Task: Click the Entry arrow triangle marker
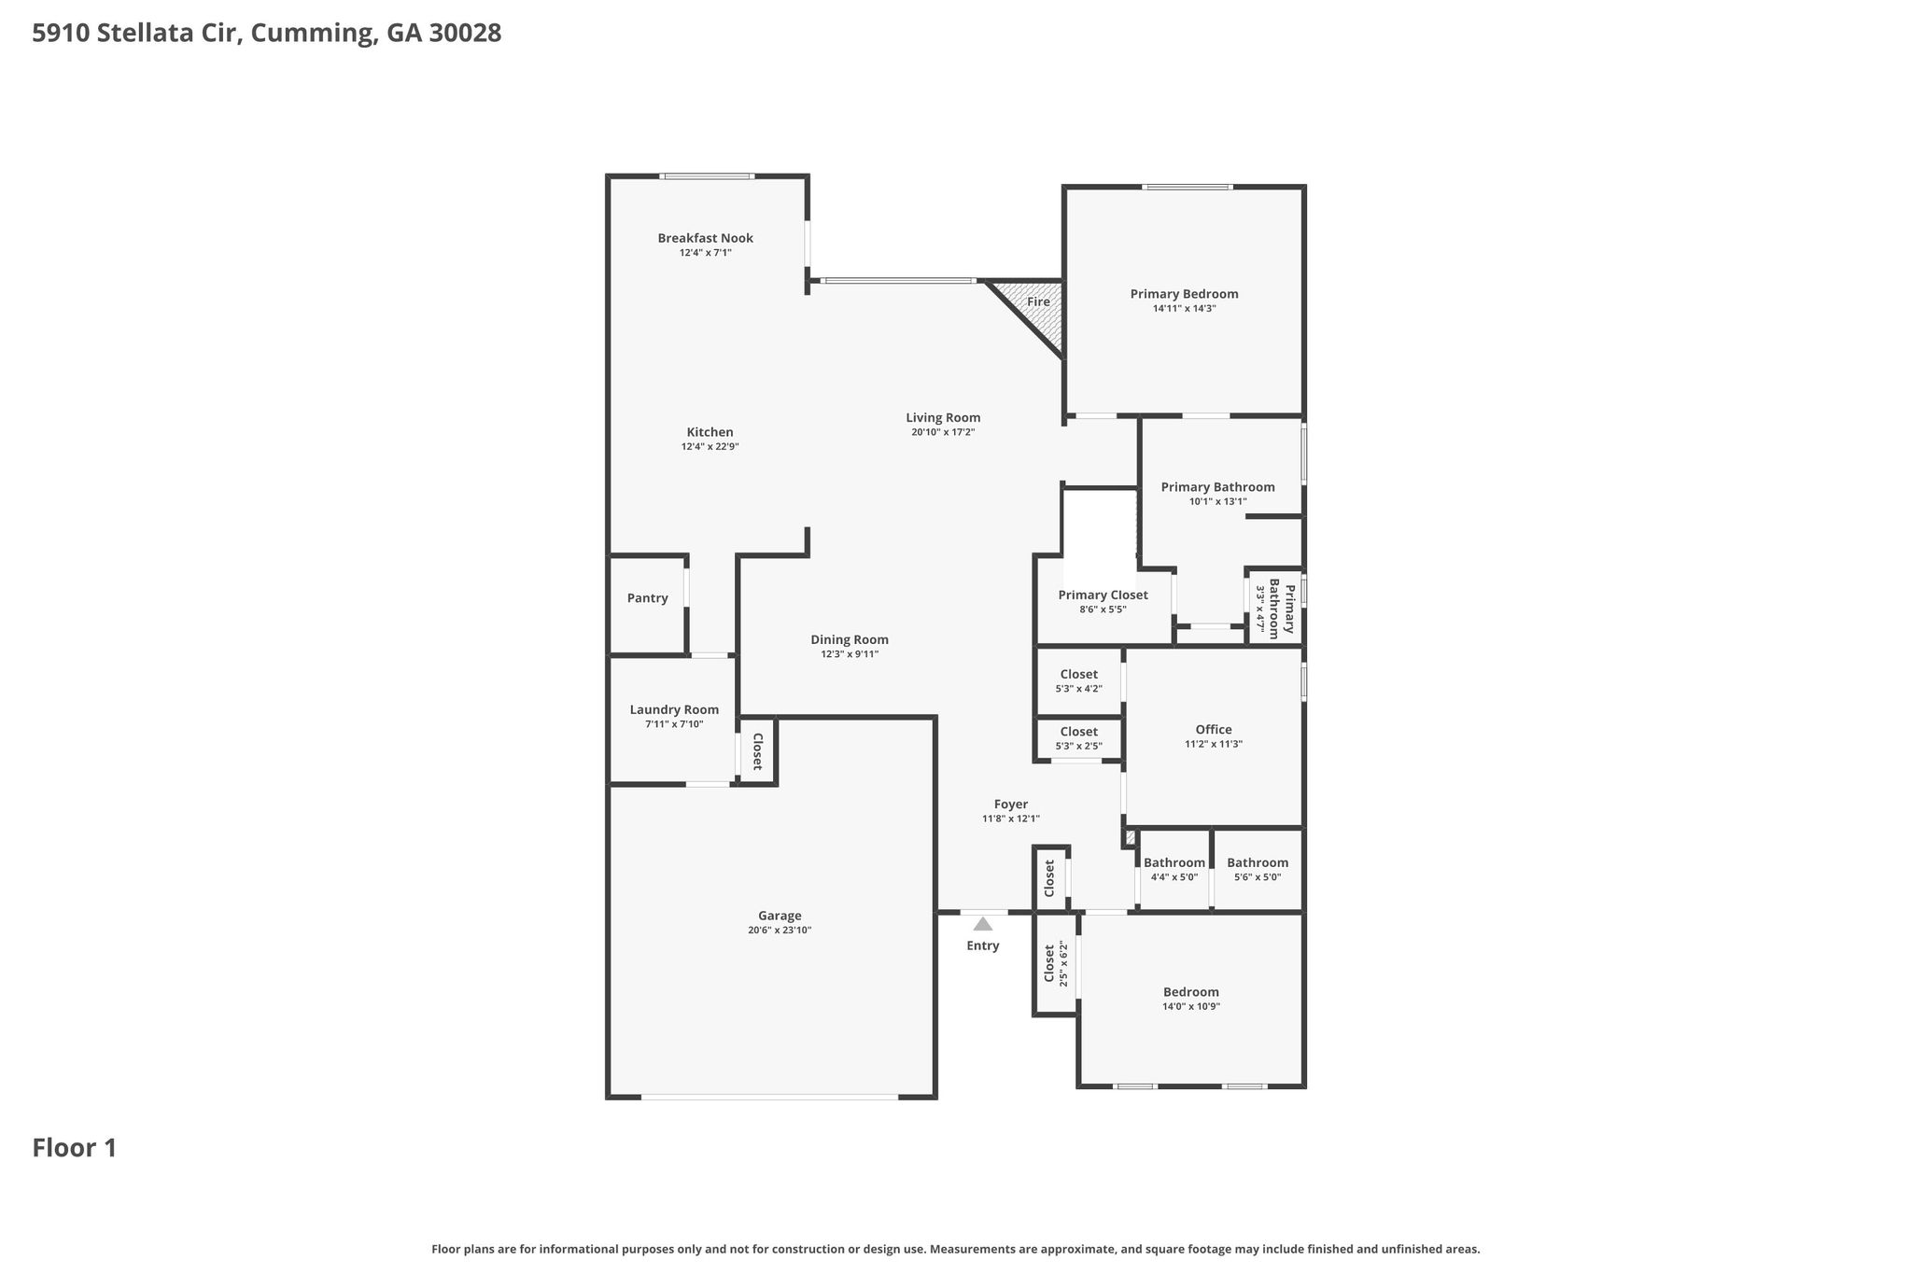click(x=982, y=924)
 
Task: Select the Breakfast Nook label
click(x=705, y=238)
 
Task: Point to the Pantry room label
click(x=647, y=598)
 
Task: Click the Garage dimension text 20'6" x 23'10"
click(x=780, y=931)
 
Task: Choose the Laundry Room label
click(x=674, y=710)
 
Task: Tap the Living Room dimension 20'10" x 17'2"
click(x=943, y=432)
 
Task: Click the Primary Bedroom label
click(x=1184, y=294)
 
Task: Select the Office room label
click(x=1214, y=730)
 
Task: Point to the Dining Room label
click(x=850, y=640)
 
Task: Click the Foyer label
click(x=1010, y=805)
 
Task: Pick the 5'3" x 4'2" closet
click(x=1078, y=681)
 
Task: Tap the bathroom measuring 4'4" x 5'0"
click(x=1174, y=869)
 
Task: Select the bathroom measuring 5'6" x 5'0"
click(x=1258, y=869)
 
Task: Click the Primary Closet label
click(x=1103, y=595)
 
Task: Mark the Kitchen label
click(x=710, y=432)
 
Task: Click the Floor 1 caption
click(x=75, y=1148)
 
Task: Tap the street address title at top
click(x=267, y=34)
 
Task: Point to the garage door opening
click(x=769, y=1097)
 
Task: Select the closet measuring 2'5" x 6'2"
click(x=1055, y=963)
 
